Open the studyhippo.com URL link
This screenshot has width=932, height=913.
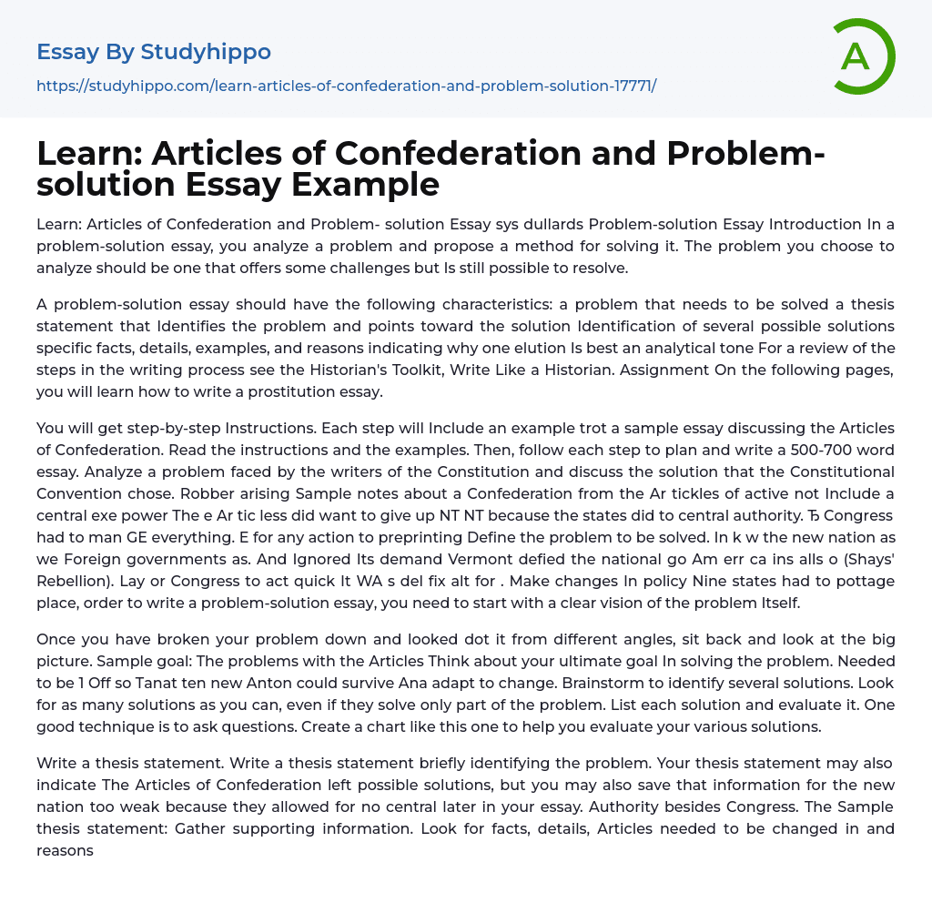[346, 86]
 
